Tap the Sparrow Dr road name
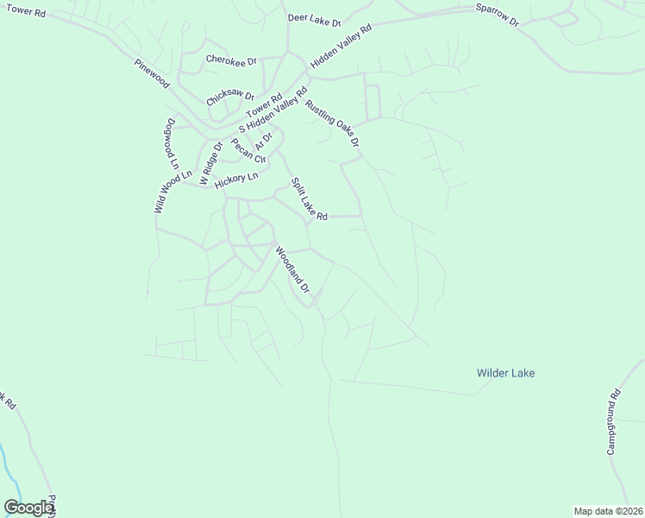pos(498,14)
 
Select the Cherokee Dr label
pos(231,61)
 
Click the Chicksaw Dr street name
pos(230,98)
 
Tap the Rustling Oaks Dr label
pos(331,123)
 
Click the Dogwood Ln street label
pos(172,143)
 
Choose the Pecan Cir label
pos(248,152)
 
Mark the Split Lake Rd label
pos(309,199)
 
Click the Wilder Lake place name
pos(505,373)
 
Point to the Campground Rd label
pos(614,424)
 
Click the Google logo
pos(28,507)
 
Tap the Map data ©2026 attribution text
pos(607,511)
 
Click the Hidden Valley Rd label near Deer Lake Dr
pos(341,47)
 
